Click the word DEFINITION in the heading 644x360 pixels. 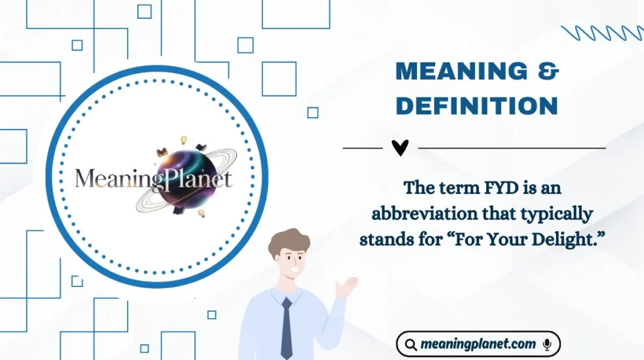(x=477, y=106)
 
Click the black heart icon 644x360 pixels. (x=400, y=148)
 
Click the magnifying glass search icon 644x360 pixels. (x=410, y=345)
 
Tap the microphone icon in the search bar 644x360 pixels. (x=547, y=344)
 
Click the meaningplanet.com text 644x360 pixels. (x=478, y=344)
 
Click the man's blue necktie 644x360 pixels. (x=287, y=327)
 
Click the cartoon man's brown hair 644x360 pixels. (x=289, y=240)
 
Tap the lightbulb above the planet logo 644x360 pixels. (x=184, y=140)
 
